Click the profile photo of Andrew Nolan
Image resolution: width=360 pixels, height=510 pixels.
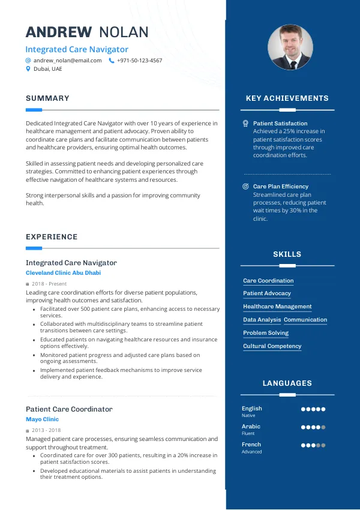click(x=290, y=47)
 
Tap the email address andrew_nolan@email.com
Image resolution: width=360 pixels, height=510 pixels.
click(x=67, y=61)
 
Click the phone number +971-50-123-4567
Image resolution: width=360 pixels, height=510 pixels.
click(x=139, y=61)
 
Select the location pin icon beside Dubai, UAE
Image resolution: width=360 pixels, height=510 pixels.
click(x=28, y=69)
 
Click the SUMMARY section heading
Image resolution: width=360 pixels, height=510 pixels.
click(x=47, y=98)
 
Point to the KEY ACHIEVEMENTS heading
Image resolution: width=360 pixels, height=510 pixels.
click(x=287, y=98)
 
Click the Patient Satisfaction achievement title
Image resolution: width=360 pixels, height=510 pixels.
click(x=280, y=124)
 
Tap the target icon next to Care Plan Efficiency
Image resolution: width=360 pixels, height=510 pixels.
click(x=245, y=187)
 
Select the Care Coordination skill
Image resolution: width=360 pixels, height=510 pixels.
click(x=268, y=281)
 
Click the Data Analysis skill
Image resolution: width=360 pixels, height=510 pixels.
click(x=262, y=320)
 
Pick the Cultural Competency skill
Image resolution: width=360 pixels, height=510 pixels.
click(x=272, y=346)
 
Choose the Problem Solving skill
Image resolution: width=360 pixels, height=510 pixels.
click(x=266, y=333)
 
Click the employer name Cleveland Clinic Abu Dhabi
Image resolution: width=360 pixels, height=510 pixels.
click(x=63, y=273)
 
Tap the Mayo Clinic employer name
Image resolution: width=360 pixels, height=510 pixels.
click(x=42, y=419)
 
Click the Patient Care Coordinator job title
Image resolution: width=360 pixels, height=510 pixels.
click(x=69, y=409)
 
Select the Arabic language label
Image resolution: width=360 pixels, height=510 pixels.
click(x=251, y=427)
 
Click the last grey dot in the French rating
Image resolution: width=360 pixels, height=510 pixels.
click(x=323, y=445)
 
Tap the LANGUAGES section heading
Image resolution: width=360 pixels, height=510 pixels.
click(x=287, y=383)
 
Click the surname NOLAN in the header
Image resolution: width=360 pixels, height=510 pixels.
click(x=124, y=32)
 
